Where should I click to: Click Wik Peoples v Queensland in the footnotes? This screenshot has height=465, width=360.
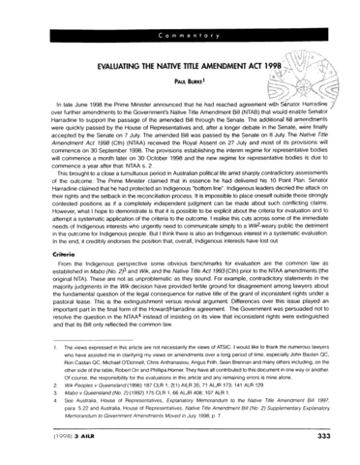pyautogui.click(x=73, y=409)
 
